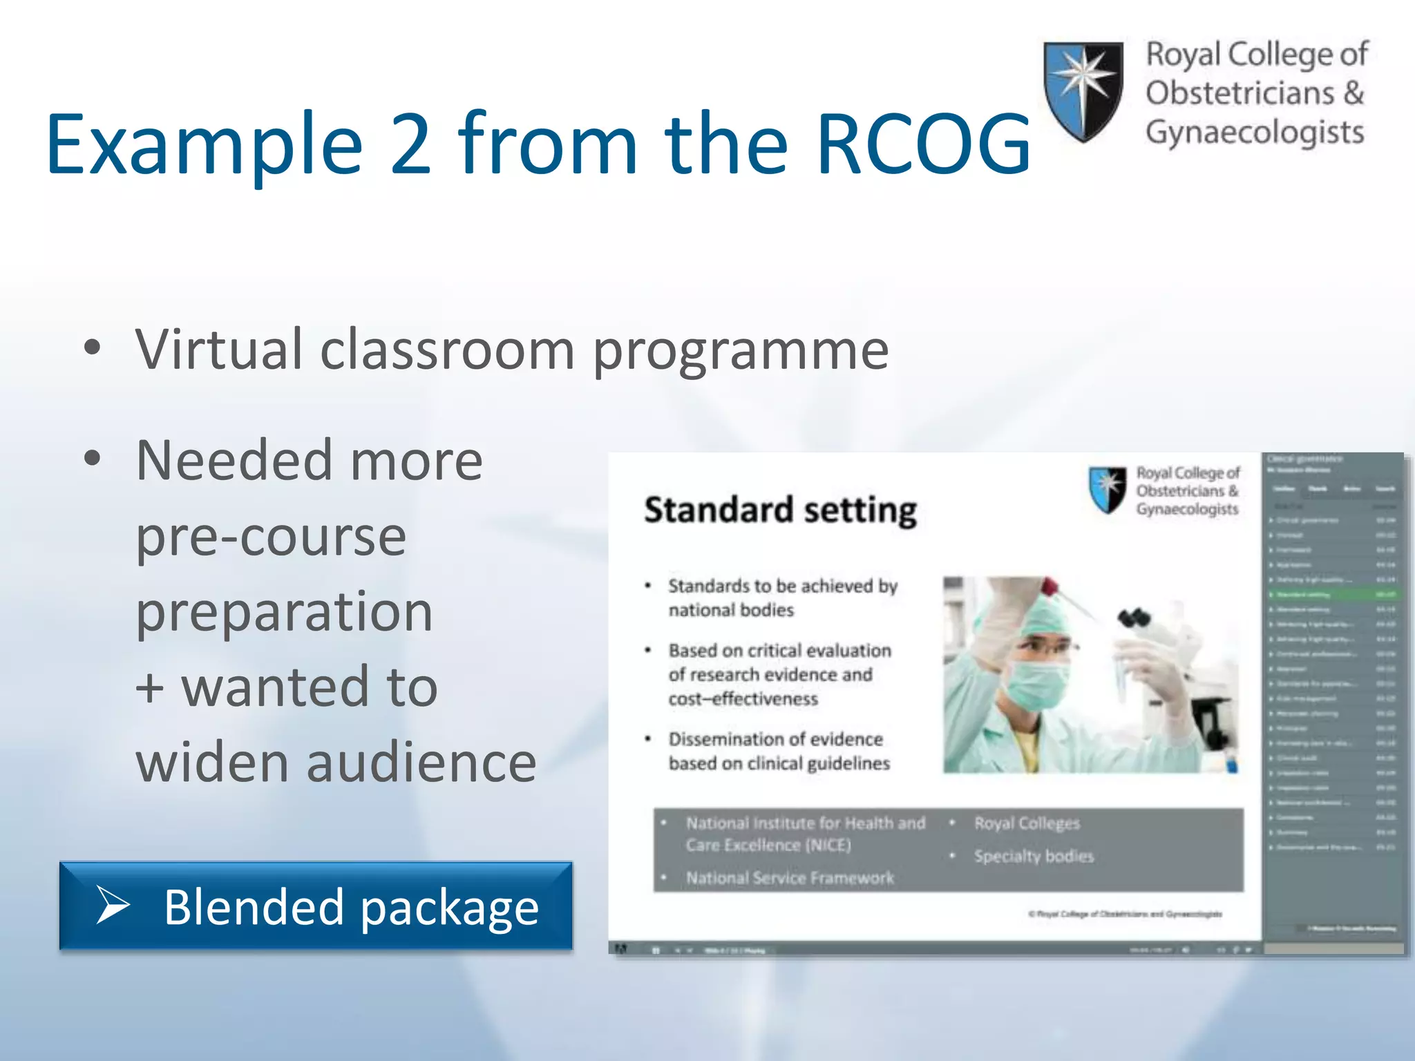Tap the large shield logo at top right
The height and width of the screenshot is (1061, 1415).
[x=1083, y=90]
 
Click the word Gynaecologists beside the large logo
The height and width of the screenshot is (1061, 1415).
[x=1255, y=133]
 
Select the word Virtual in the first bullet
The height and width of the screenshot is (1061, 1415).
[x=219, y=350]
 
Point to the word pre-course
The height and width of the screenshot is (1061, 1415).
[x=271, y=537]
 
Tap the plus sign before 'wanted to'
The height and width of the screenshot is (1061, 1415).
[x=150, y=688]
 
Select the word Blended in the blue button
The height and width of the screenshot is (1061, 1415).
[x=254, y=907]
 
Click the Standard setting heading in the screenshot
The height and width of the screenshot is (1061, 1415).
[x=780, y=510]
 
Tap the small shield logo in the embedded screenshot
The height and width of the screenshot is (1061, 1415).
[x=1108, y=490]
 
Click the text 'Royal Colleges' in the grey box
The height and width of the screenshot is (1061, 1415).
[x=1027, y=823]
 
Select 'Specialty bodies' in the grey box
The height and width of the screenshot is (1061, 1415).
[x=1034, y=857]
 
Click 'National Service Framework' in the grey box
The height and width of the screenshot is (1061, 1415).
[x=790, y=878]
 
